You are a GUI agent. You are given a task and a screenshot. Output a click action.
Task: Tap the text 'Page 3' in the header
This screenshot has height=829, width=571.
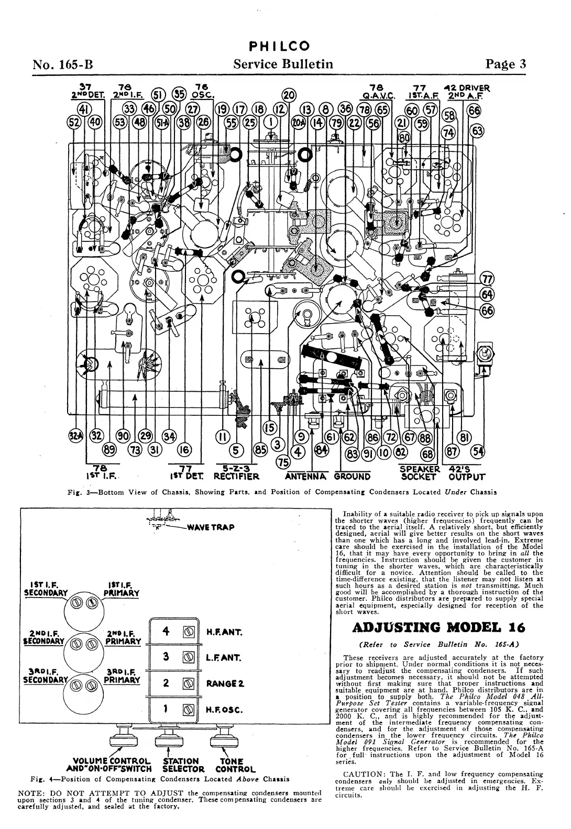click(x=506, y=64)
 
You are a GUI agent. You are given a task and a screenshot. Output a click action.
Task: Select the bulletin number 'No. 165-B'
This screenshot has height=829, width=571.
click(x=63, y=65)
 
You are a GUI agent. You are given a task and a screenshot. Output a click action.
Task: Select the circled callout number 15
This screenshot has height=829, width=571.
click(x=269, y=428)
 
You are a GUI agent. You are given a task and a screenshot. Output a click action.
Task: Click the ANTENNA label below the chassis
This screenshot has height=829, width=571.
click(x=305, y=477)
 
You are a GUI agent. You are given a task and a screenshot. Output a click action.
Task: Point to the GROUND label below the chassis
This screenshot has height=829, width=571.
click(x=352, y=477)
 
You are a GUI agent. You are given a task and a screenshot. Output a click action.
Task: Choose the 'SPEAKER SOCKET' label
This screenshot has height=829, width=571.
click(x=419, y=473)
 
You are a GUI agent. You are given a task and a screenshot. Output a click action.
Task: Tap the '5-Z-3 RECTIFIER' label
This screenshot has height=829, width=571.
click(x=236, y=473)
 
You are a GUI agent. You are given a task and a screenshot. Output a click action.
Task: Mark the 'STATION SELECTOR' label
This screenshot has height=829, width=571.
click(x=181, y=765)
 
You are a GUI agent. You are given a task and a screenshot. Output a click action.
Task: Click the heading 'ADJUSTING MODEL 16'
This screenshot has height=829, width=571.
click(x=438, y=627)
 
